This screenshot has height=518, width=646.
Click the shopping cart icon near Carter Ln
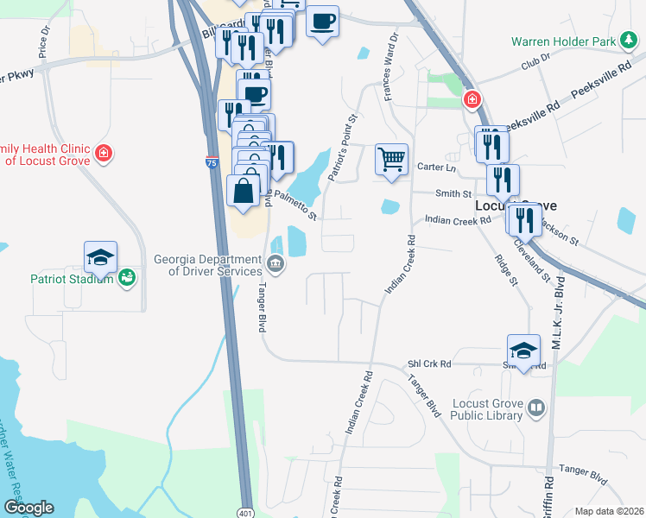coord(391,159)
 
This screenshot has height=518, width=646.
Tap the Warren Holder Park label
coord(562,41)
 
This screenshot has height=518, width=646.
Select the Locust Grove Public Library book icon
coord(536,407)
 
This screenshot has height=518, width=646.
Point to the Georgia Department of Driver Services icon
coord(275,263)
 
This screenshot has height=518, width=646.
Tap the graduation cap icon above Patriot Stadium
coord(100,256)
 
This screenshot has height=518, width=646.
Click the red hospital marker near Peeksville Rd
coord(472,99)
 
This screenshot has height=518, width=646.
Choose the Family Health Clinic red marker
coord(104,154)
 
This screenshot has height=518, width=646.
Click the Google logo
coord(28,508)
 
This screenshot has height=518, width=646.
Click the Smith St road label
coord(453,194)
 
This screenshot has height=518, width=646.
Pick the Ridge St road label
coord(506,270)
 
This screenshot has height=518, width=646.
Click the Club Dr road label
coord(535,66)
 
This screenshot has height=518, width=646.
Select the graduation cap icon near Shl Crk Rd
coord(523,350)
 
